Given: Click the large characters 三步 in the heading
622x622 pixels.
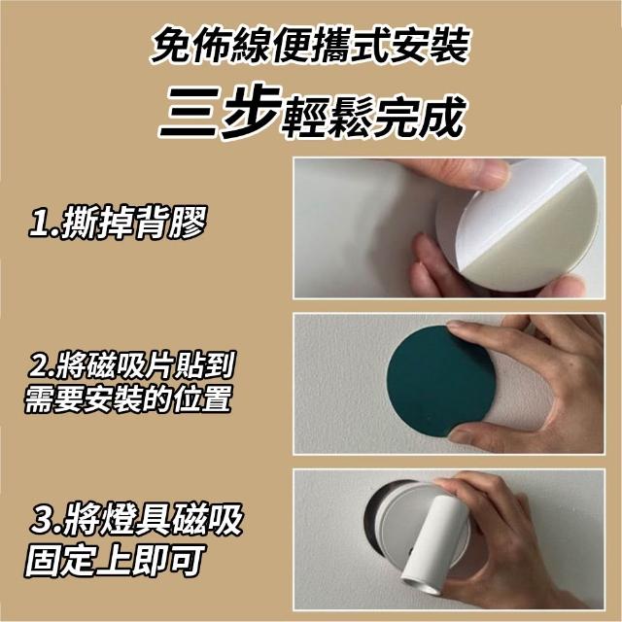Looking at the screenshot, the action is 221,112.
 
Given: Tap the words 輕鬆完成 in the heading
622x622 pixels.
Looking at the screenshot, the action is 374,117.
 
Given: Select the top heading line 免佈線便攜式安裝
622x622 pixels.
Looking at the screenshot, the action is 310,45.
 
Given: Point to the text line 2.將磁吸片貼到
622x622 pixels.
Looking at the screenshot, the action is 132,365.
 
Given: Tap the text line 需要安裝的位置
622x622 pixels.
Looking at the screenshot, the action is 127,398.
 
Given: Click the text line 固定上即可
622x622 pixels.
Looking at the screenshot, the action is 115,561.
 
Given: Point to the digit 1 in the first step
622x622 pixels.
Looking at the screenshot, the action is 41,225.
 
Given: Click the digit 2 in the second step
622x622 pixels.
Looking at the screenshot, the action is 40,366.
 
